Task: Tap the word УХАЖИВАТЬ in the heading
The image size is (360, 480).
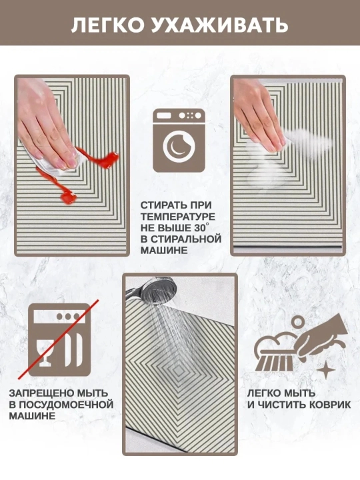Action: pos(220,25)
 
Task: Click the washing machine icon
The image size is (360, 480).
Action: pos(179,140)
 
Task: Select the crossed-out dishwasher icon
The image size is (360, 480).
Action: pos(59,339)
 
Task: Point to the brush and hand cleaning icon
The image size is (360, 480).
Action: pos(301,345)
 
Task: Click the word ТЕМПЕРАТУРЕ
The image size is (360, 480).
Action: pos(178,217)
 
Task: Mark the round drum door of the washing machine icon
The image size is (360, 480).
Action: pos(179,146)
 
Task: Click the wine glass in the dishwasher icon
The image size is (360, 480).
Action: pos(45,352)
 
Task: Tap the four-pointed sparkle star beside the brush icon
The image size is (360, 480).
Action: pos(326,369)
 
